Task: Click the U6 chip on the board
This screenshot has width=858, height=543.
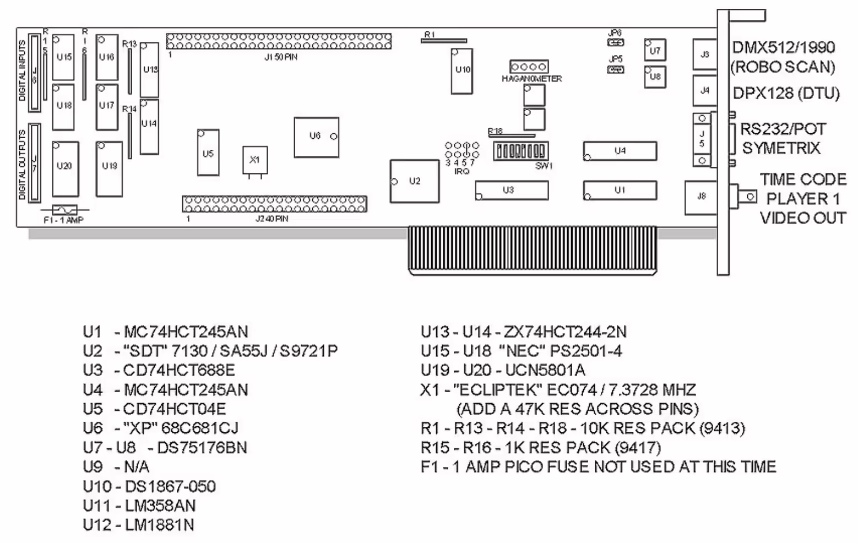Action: pyautogui.click(x=316, y=137)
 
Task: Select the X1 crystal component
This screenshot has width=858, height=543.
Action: pyautogui.click(x=254, y=160)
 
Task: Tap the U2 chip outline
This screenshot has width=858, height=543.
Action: pyautogui.click(x=414, y=181)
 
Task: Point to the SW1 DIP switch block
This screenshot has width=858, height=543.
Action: pyautogui.click(x=519, y=151)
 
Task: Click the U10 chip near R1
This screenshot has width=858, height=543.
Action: pyautogui.click(x=462, y=71)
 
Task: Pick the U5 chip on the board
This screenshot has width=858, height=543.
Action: pyautogui.click(x=208, y=153)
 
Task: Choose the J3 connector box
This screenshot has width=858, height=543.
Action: pyautogui.click(x=705, y=55)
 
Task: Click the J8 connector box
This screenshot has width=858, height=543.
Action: pyautogui.click(x=701, y=197)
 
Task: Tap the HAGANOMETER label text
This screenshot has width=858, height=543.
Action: pyautogui.click(x=531, y=79)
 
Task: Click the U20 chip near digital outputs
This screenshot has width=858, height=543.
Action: pyautogui.click(x=65, y=168)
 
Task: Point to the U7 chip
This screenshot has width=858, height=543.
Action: pyautogui.click(x=655, y=50)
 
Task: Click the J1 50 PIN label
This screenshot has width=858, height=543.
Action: pyautogui.click(x=281, y=57)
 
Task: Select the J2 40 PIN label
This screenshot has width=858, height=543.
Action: pyautogui.click(x=271, y=219)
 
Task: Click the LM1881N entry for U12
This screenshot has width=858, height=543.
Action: pyautogui.click(x=159, y=525)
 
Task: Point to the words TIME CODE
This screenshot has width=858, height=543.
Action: pyautogui.click(x=803, y=180)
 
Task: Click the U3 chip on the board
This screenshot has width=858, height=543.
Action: pyautogui.click(x=512, y=191)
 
